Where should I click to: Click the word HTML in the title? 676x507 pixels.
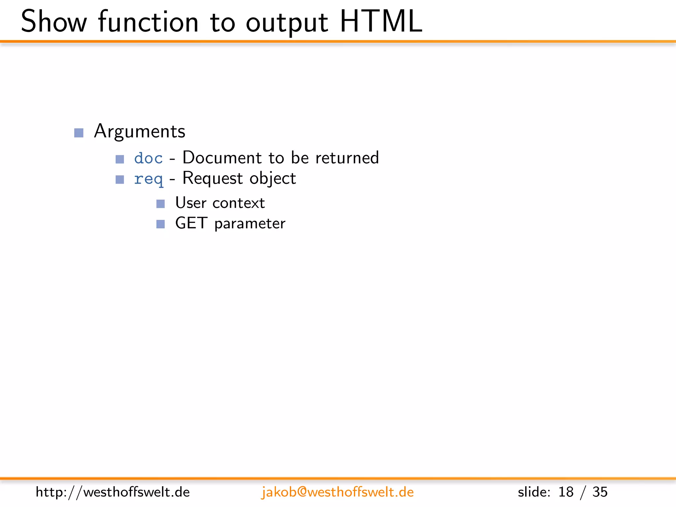(381, 22)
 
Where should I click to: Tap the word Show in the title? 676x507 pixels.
(54, 22)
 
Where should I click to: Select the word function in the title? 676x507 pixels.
(148, 22)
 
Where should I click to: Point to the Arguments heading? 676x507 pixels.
(140, 131)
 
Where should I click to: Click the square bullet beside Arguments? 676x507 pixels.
(79, 133)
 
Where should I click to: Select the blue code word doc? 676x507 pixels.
(149, 158)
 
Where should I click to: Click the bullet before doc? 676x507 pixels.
(120, 159)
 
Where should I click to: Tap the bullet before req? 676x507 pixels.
(120, 180)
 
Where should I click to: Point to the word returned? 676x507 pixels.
(347, 158)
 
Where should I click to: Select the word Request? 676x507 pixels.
(213, 179)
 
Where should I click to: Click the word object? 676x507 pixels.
(273, 179)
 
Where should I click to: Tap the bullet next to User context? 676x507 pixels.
(160, 204)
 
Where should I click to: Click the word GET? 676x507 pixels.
(191, 223)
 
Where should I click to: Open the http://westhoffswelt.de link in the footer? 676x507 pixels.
(113, 492)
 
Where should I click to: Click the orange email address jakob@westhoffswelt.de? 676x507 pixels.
(337, 492)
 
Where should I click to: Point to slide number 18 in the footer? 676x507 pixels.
(566, 492)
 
